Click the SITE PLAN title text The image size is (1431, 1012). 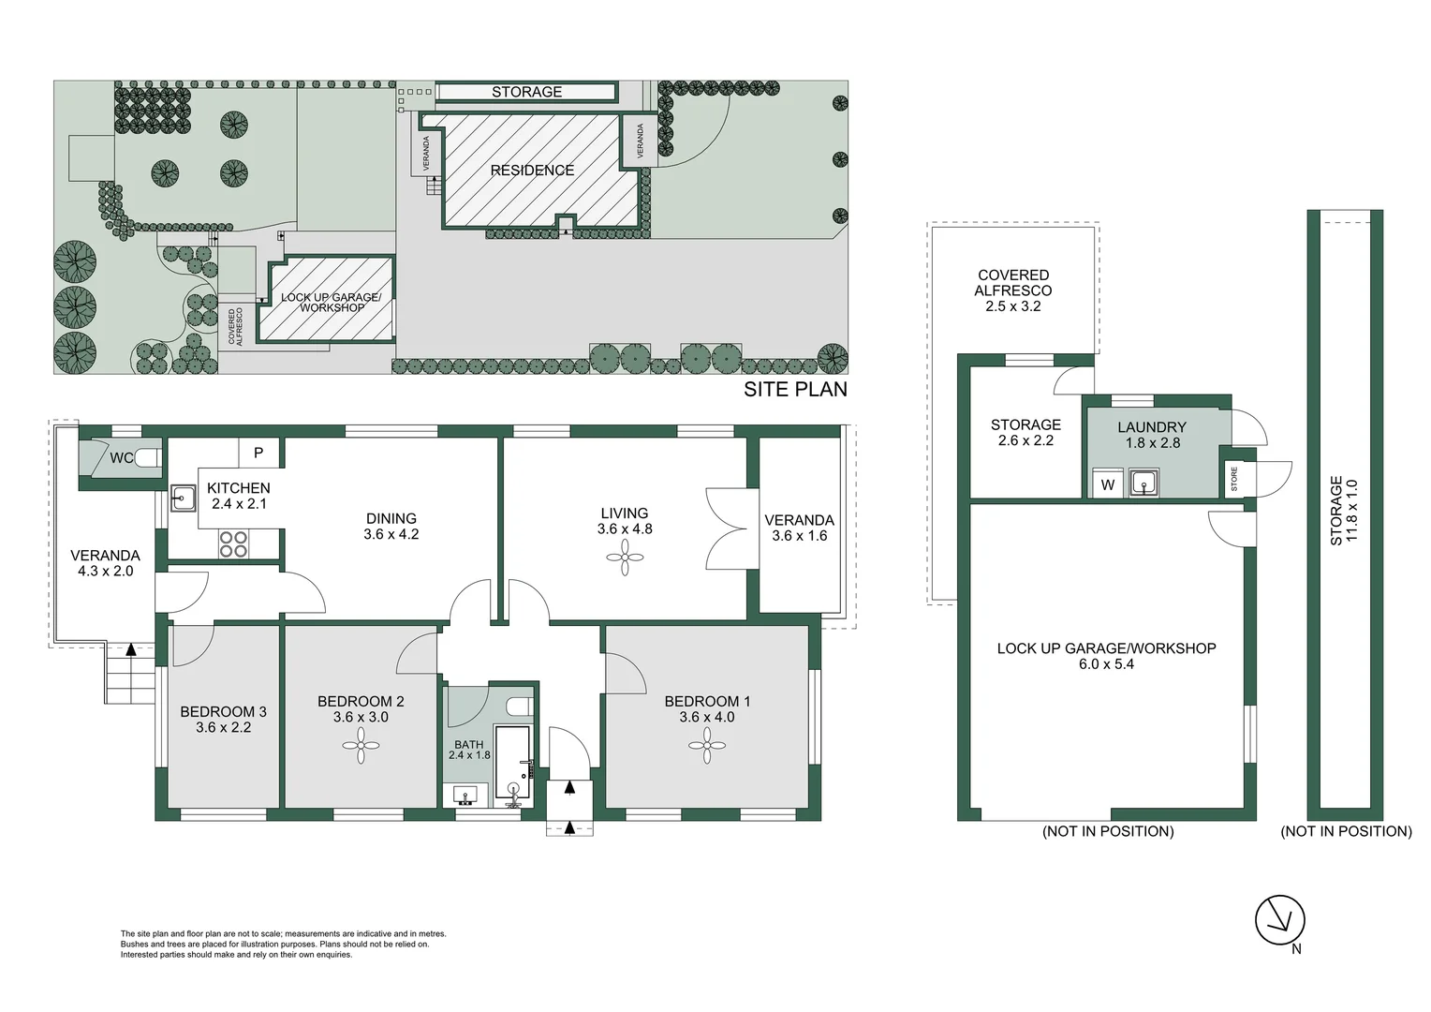(795, 389)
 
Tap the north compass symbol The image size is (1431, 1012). (1279, 920)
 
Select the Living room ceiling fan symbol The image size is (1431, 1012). (625, 558)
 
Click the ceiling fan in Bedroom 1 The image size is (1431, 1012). (706, 746)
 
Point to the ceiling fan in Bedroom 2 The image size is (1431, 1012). (361, 746)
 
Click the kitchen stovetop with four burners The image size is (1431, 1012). (234, 544)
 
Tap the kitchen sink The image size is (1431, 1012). (183, 498)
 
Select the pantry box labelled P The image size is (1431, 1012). (258, 453)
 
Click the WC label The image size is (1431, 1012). (122, 457)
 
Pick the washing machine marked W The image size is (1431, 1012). (1108, 484)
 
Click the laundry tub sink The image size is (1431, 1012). (1143, 483)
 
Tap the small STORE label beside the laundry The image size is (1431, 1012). (1233, 479)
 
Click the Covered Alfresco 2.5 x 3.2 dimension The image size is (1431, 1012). (1013, 306)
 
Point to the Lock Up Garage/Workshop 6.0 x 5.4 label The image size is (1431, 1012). (1106, 656)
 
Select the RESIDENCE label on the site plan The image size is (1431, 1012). (532, 170)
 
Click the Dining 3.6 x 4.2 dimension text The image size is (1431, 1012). (391, 534)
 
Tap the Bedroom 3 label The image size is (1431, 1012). (223, 711)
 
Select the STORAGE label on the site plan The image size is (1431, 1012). (527, 92)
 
